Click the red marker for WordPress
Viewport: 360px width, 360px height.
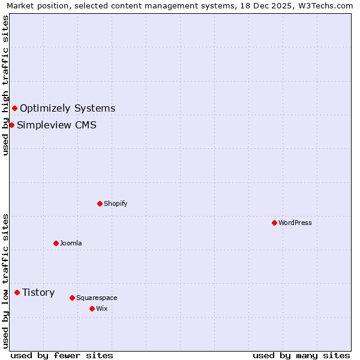point(274,223)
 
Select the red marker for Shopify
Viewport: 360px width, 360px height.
point(100,203)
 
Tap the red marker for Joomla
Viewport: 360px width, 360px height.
point(56,243)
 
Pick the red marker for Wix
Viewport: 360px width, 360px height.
point(92,308)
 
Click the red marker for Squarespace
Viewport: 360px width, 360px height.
point(72,298)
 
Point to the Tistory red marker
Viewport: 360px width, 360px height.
point(17,292)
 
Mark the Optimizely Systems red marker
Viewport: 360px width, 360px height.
point(14,108)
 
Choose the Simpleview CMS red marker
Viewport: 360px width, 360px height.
point(11,125)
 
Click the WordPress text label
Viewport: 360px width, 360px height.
point(295,223)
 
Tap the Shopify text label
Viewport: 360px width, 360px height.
point(115,203)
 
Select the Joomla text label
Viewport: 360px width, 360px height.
point(70,243)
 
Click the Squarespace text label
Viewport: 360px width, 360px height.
point(97,298)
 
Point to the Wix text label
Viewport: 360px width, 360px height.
point(101,308)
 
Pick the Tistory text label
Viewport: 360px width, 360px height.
point(38,292)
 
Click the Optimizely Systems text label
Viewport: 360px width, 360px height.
point(67,108)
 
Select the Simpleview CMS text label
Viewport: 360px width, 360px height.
point(56,125)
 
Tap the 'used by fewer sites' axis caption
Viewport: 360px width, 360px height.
point(62,355)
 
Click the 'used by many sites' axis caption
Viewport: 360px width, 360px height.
point(301,355)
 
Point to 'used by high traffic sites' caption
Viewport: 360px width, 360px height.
point(5,85)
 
